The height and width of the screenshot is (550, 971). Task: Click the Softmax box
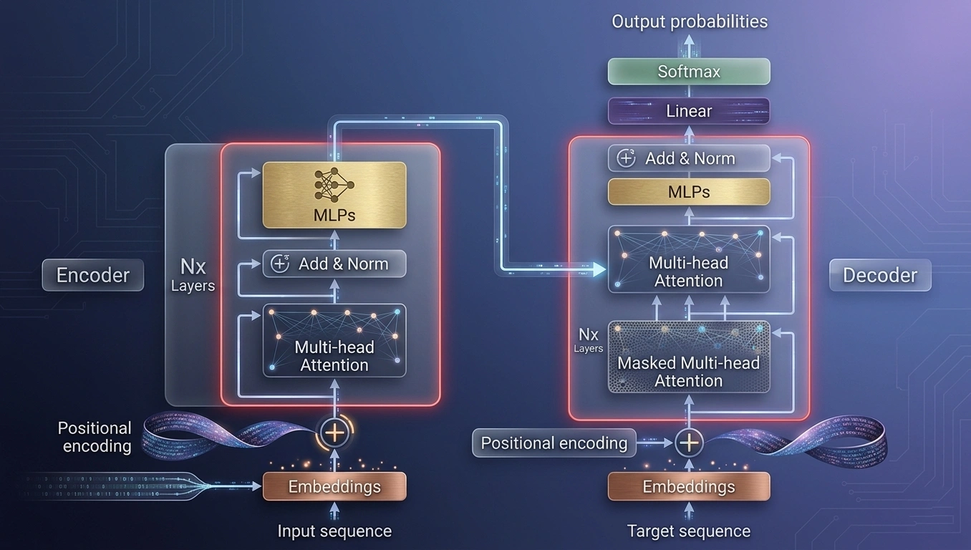688,72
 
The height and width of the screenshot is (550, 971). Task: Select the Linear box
688,111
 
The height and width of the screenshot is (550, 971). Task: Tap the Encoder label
92,276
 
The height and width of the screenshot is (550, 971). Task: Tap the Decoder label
879,276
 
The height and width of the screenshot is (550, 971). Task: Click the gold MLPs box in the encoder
334,196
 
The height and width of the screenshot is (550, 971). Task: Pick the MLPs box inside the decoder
688,192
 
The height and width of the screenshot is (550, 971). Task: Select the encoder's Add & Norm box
334,264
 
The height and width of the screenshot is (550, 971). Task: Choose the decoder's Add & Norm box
688,158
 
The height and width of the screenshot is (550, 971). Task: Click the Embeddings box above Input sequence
334,487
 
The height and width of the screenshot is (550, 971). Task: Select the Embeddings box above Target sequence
688,487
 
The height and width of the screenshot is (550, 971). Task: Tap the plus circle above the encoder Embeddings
334,432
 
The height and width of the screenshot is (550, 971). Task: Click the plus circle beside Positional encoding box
688,443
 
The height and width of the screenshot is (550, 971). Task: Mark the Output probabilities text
689,21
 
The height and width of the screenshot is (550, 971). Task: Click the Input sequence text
334,531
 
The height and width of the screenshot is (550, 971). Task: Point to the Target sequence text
688,531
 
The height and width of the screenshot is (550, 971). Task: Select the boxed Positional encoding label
554,443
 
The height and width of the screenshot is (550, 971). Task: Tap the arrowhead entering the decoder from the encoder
599,269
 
